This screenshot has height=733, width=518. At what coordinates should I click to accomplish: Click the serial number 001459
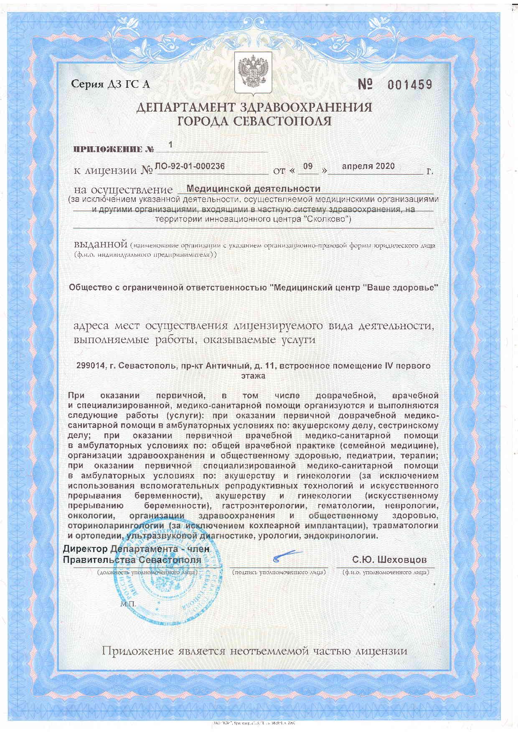click(x=409, y=85)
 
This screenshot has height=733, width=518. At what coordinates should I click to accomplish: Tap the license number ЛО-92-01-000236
click(x=190, y=166)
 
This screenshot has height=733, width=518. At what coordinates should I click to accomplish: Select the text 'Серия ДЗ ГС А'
click(x=110, y=85)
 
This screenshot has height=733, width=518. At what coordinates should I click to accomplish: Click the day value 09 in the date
click(x=307, y=166)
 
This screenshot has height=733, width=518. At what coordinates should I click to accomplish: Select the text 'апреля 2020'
click(x=368, y=166)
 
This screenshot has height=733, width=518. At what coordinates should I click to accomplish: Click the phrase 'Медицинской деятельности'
click(x=253, y=189)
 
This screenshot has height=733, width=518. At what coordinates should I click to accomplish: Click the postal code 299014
click(x=90, y=366)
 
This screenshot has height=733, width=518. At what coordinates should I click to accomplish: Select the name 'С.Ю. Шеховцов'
click(x=389, y=560)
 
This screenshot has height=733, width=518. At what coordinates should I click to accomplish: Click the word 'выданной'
click(x=100, y=244)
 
